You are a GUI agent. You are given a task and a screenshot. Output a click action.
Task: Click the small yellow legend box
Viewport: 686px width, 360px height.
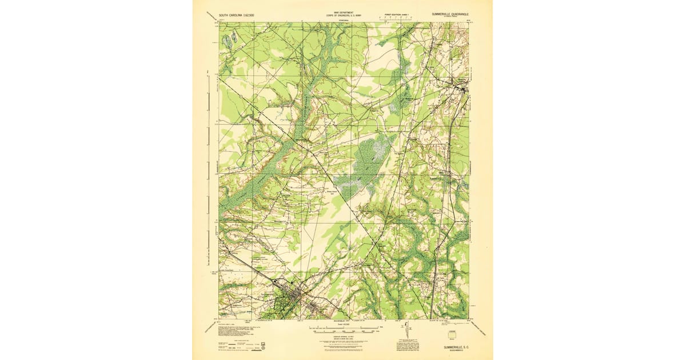pos(453,334)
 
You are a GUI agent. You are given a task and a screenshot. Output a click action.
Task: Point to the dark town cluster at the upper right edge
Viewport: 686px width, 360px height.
pos(461,88)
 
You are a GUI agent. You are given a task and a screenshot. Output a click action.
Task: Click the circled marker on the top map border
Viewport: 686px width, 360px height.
pos(430,25)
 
